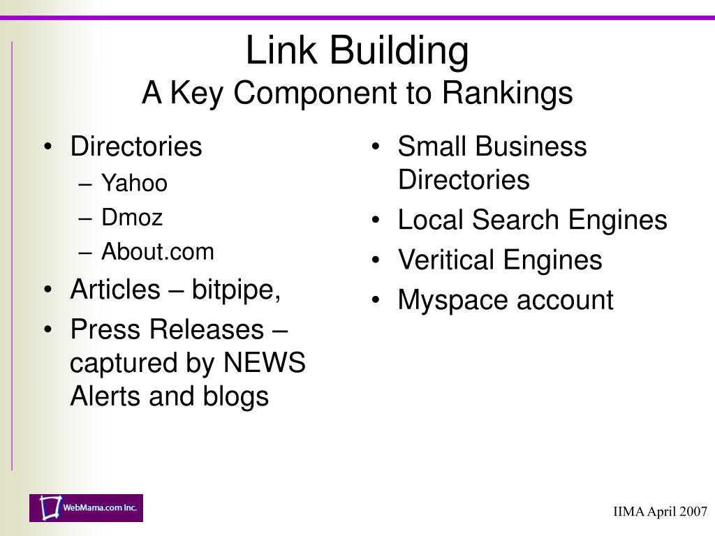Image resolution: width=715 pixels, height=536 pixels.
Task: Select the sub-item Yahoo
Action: [134, 184]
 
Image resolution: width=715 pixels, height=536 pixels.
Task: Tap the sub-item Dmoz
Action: [132, 218]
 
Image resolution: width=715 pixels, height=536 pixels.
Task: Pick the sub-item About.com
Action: [158, 252]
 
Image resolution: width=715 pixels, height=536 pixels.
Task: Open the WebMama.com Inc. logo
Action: [86, 507]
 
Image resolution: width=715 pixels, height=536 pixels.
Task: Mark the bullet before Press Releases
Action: [47, 330]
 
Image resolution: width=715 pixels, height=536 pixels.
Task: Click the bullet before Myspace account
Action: [376, 301]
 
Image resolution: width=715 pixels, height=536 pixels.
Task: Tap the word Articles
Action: [115, 290]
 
